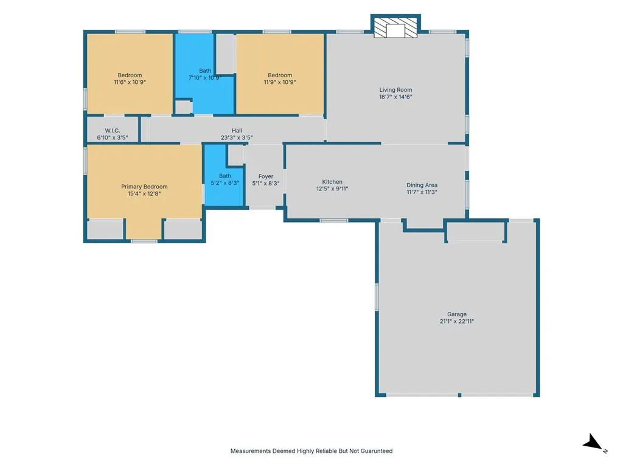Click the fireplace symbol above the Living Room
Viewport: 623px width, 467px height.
click(395, 27)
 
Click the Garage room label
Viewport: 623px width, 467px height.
click(456, 314)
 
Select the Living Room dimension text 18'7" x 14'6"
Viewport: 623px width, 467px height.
click(395, 97)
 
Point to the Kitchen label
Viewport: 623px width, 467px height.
click(332, 181)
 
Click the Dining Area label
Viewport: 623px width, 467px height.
click(422, 185)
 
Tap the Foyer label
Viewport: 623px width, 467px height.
click(266, 176)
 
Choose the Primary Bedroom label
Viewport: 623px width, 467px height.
click(144, 187)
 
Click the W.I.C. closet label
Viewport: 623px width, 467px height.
click(113, 130)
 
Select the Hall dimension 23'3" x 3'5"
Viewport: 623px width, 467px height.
click(237, 138)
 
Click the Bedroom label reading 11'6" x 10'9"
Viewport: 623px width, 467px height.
click(130, 78)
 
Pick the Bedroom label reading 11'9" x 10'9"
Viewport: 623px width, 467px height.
click(280, 78)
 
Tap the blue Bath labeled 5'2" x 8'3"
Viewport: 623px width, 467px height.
click(224, 175)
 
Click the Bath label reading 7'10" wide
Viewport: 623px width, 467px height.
click(205, 74)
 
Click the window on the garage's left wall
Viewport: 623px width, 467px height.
click(377, 297)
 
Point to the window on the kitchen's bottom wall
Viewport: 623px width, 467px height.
click(334, 220)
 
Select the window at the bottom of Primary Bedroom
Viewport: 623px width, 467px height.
click(144, 241)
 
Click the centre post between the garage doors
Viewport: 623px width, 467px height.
click(459, 395)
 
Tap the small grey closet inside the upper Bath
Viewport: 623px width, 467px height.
click(184, 107)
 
